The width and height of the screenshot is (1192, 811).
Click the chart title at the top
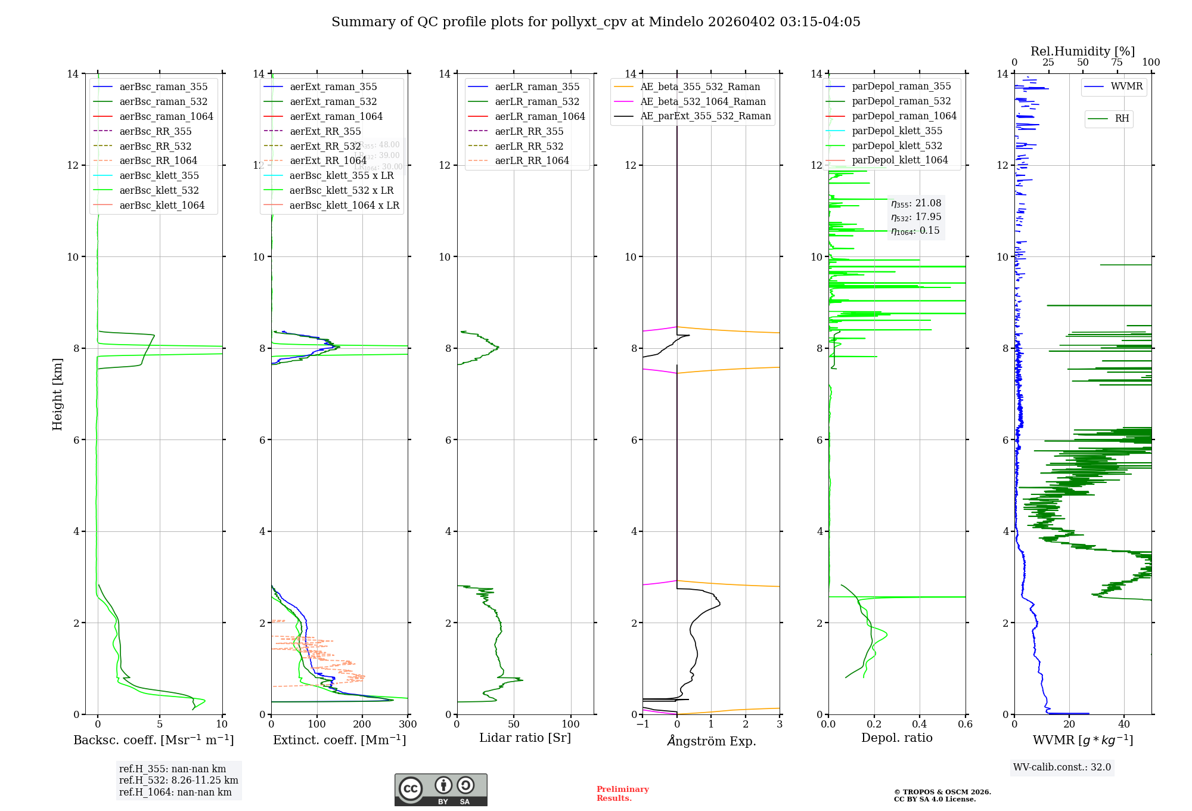click(595, 22)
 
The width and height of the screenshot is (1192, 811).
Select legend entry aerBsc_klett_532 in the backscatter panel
click(159, 191)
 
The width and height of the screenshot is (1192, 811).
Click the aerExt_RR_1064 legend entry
click(328, 161)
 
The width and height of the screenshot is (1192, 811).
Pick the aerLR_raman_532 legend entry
click(536, 102)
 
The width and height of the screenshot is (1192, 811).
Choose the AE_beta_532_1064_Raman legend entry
click(703, 102)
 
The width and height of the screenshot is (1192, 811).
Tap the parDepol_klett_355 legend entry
click(896, 131)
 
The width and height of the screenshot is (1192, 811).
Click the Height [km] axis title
click(57, 394)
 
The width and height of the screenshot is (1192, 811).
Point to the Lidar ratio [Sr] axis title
click(525, 738)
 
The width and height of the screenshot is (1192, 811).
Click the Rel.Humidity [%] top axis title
click(1082, 51)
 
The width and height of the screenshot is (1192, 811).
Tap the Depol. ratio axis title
click(896, 738)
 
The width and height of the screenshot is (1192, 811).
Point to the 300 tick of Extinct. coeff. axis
click(408, 725)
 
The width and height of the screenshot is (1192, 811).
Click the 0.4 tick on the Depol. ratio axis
click(920, 725)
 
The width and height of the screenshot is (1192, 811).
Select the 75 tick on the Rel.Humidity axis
click(1116, 63)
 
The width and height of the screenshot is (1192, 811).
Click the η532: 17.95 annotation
click(916, 217)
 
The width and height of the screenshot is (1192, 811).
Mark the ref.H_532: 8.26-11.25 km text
click(178, 781)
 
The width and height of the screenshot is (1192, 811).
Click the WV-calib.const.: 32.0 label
click(1062, 767)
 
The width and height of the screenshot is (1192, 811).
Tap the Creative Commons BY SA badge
click(440, 790)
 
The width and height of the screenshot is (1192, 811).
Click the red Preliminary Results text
click(622, 794)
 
